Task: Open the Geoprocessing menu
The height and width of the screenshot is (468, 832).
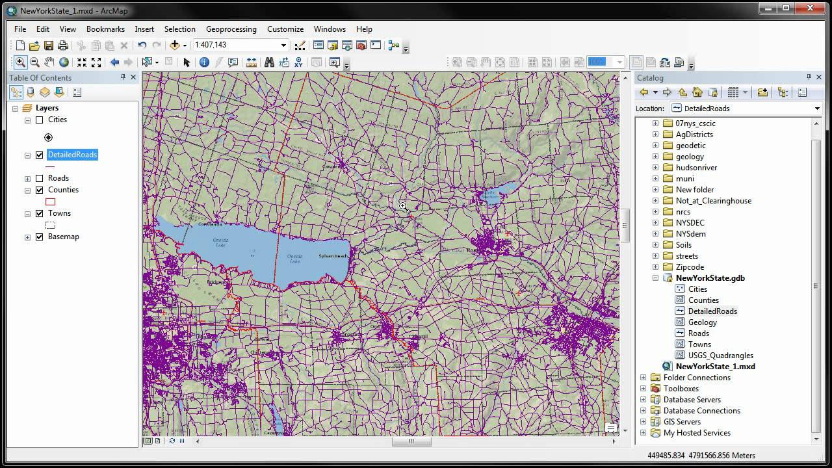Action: [x=231, y=29]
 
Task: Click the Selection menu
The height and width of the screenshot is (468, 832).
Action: [x=179, y=29]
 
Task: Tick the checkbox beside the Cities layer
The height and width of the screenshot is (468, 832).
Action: [x=40, y=120]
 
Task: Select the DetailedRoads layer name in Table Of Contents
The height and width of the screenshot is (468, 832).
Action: [x=72, y=155]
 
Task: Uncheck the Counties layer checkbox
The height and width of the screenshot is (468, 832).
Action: [x=40, y=190]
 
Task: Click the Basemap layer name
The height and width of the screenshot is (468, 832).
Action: [x=63, y=237]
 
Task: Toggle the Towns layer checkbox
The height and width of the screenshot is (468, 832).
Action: [x=40, y=214]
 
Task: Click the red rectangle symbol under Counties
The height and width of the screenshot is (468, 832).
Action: [x=50, y=202]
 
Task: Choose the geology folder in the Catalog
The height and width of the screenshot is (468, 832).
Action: [x=689, y=157]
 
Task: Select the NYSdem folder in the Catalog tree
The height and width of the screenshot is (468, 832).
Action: [x=690, y=234]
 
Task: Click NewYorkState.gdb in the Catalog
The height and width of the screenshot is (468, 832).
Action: [x=710, y=278]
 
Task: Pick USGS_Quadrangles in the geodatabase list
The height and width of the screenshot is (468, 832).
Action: [x=720, y=356]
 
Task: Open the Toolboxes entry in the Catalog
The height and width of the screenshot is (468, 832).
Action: [x=681, y=389]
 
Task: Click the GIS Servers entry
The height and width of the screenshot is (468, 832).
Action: [x=682, y=422]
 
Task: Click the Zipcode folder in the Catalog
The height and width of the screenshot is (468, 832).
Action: [x=690, y=267]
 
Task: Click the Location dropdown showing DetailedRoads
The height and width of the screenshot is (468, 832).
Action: [x=746, y=109]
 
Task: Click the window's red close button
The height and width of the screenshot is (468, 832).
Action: [x=812, y=8]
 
